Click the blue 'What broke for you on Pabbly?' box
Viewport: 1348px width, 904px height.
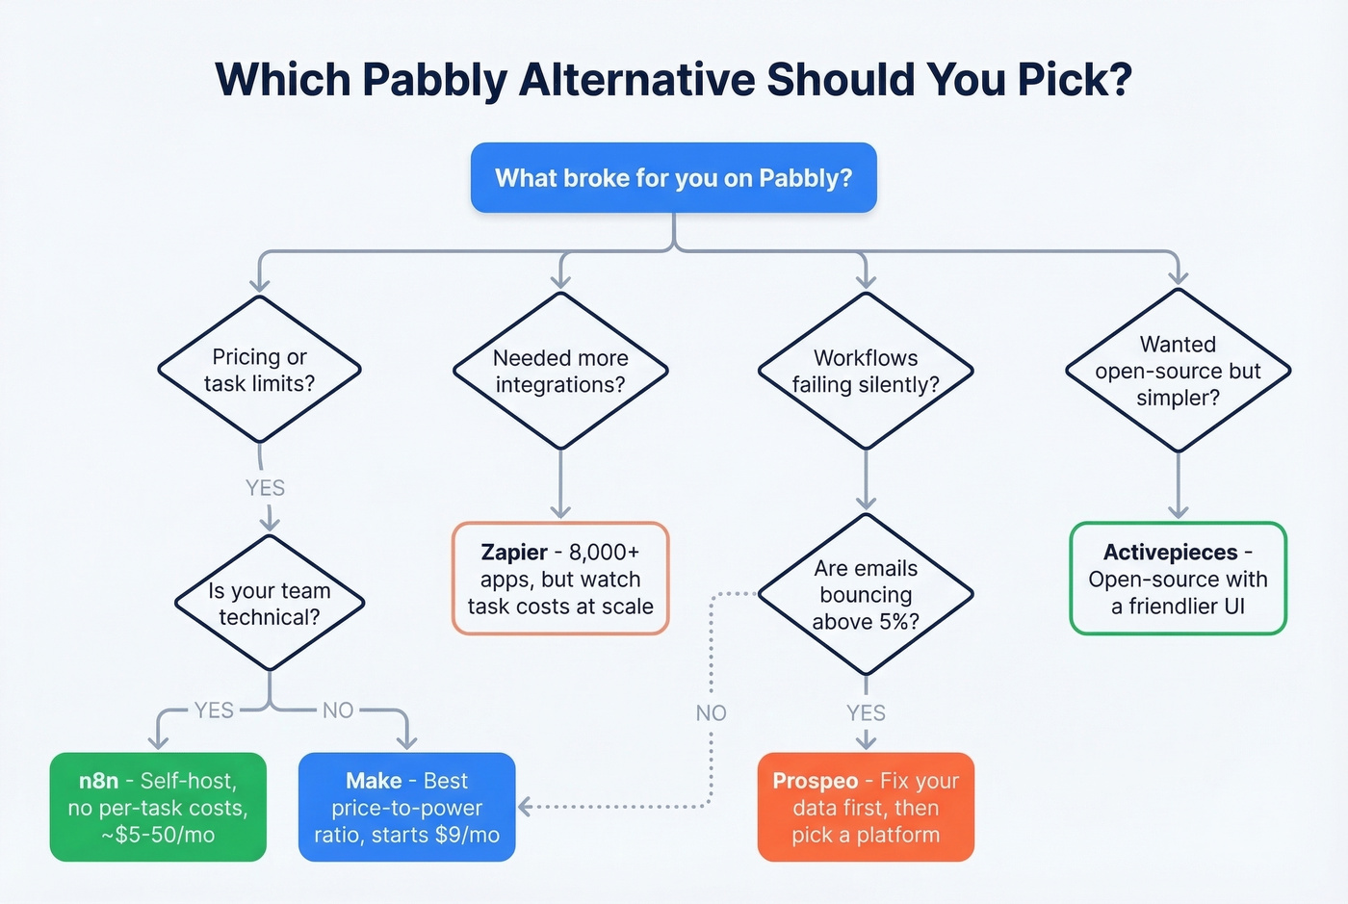coord(673,178)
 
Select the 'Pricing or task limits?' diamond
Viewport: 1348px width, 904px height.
coord(259,371)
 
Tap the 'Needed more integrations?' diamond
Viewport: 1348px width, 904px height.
coord(560,372)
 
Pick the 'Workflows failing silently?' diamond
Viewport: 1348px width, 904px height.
coord(866,372)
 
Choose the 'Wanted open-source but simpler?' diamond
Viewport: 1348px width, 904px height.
coord(1178,372)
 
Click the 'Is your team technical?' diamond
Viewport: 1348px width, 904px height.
coord(270,604)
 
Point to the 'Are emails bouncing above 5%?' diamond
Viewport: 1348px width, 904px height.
coord(866,595)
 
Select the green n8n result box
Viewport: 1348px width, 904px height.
coord(158,807)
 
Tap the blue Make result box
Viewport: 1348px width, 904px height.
coord(407,807)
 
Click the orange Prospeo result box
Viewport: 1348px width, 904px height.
coord(866,807)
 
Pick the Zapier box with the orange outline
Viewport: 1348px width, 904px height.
coord(560,579)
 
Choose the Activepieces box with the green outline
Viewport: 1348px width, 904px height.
coord(1178,579)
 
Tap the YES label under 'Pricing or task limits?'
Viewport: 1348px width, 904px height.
coord(265,488)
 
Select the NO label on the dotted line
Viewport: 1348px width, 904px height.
coord(712,713)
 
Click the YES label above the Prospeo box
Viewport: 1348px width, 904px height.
coord(866,713)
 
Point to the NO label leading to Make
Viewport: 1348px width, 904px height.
coord(338,710)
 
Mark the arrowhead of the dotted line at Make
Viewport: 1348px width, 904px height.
coord(526,807)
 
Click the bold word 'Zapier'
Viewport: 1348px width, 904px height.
coord(514,553)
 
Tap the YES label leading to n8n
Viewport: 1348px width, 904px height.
coord(214,710)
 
